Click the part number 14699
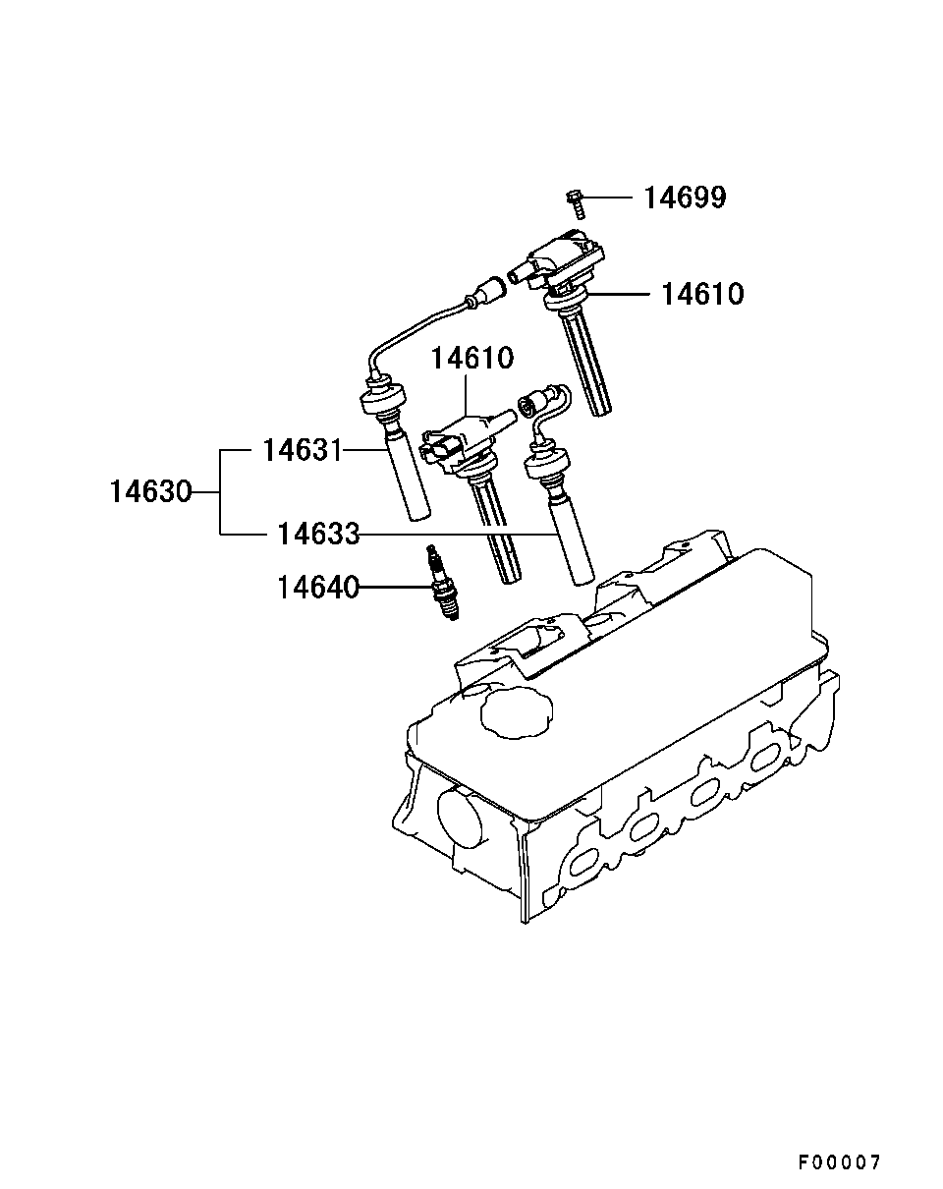(685, 198)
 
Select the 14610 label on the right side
(701, 293)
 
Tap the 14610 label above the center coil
(471, 358)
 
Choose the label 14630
(150, 491)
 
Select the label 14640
(317, 588)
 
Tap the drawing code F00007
(839, 1162)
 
